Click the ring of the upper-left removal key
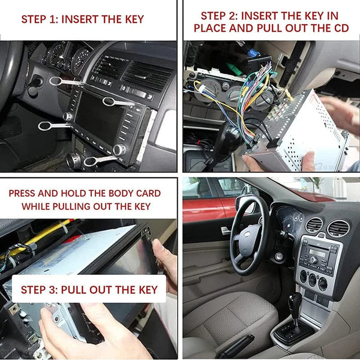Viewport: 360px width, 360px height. tap(55, 80)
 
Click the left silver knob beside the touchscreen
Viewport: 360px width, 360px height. tap(68, 116)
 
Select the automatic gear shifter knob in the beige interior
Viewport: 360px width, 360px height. tap(295, 300)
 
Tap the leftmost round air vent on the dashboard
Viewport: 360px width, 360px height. tap(313, 225)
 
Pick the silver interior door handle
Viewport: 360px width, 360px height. tap(226, 230)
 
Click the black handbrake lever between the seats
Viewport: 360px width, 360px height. tap(237, 345)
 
